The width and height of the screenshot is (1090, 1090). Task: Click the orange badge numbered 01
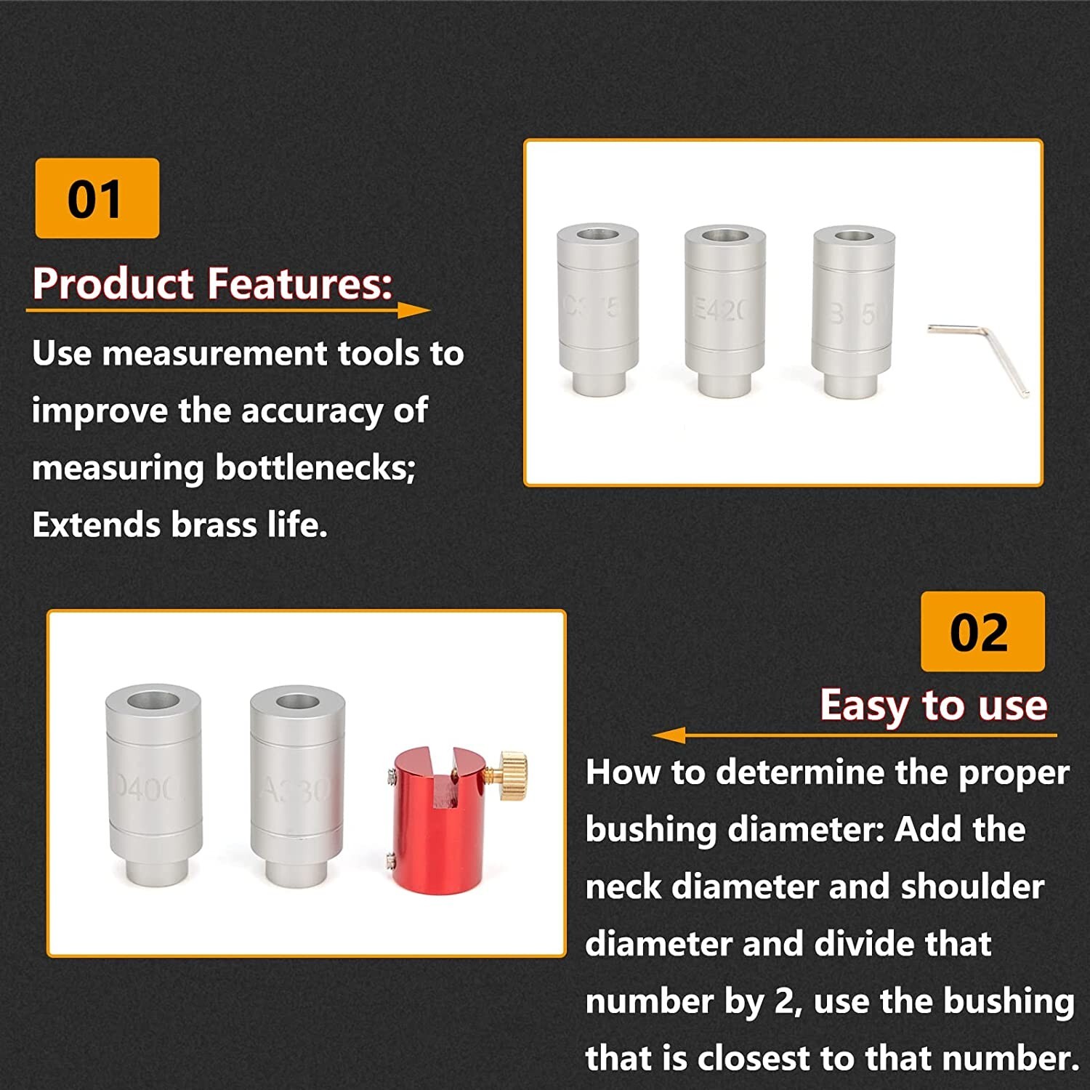[97, 198]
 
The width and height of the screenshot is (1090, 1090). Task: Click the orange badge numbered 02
[982, 631]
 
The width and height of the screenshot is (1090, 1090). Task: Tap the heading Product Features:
[211, 283]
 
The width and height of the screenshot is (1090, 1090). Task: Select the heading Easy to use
[934, 705]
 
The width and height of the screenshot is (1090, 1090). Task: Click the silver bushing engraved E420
[724, 311]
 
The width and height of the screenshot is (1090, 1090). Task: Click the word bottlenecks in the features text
[315, 467]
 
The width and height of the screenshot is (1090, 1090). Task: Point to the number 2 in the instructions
[784, 1001]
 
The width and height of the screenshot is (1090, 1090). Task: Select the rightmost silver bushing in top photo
[853, 311]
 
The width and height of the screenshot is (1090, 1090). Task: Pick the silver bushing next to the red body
[296, 785]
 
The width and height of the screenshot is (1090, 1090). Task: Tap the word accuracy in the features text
[312, 411]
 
